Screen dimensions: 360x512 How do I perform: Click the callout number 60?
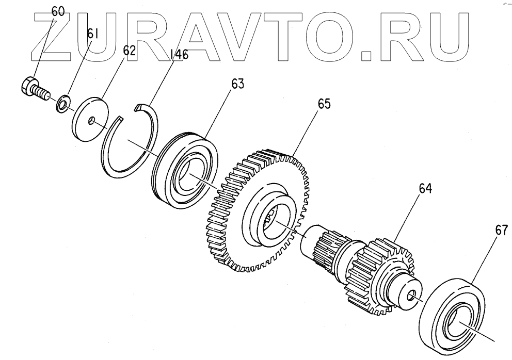pos(58,11)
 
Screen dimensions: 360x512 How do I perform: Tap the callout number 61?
pos(92,34)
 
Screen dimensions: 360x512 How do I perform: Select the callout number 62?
pos(129,50)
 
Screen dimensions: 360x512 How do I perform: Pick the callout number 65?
pos(324,104)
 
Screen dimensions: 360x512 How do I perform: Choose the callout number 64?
pos(425,189)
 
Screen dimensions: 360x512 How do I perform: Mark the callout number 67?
pos(502,230)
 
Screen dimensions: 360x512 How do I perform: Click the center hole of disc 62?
pos(91,121)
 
